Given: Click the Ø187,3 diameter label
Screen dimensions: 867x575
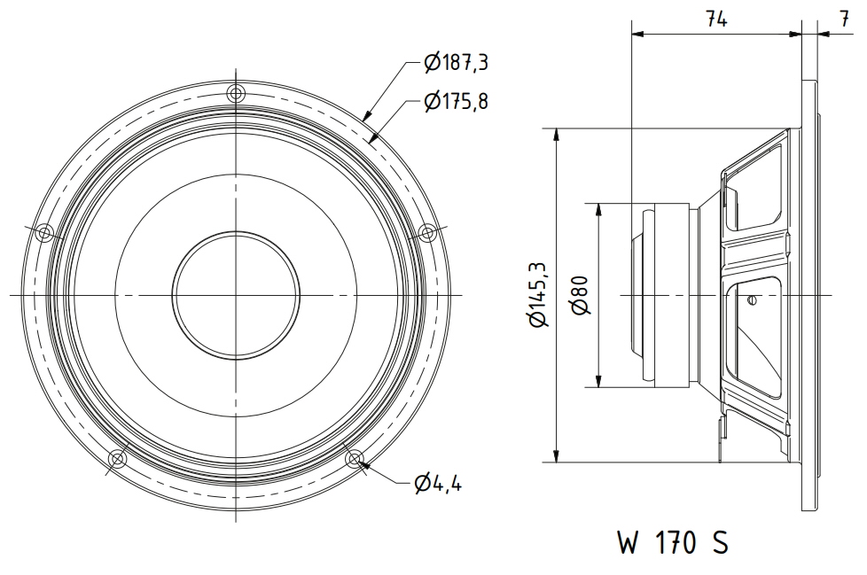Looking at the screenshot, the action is coord(457,62).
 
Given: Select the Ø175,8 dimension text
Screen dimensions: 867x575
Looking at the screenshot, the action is coord(457,101).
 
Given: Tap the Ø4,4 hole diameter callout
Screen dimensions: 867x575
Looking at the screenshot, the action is coord(437,484).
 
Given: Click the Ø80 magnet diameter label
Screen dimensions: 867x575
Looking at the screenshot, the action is coord(582,295).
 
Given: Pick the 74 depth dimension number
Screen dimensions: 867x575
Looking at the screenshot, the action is coord(716,19).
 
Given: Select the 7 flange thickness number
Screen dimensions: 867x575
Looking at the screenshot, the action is coord(844,19).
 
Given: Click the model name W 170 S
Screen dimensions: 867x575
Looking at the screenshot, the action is coord(673,542).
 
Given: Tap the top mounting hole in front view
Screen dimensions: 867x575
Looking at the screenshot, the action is coord(236,93).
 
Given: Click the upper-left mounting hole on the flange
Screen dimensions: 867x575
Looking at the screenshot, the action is coord(44,233).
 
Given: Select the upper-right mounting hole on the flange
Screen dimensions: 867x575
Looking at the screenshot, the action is coord(427,233).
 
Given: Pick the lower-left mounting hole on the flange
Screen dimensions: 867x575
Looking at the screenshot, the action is coord(118,458).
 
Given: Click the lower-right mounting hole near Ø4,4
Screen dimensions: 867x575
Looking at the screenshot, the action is coord(355,458).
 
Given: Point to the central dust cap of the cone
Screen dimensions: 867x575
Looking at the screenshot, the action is coord(236,296).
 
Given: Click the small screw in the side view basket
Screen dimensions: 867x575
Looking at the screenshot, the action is coord(750,300).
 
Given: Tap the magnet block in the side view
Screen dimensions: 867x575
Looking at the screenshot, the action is coord(672,295).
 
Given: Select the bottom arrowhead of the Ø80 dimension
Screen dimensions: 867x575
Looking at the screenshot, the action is coord(599,380).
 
